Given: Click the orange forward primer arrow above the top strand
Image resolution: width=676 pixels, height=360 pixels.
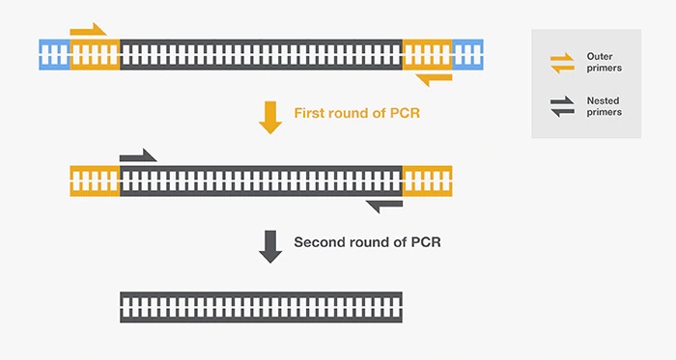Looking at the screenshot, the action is click(88, 30).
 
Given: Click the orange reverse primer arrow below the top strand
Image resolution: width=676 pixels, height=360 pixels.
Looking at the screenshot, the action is click(433, 76).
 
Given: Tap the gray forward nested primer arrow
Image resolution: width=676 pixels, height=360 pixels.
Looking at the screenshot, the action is click(137, 155).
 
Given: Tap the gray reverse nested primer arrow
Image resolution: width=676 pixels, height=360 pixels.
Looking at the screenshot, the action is click(384, 204).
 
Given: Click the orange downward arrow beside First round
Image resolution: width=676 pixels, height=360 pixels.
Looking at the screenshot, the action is click(270, 117).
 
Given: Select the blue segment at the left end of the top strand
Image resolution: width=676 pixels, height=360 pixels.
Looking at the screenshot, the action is click(54, 53).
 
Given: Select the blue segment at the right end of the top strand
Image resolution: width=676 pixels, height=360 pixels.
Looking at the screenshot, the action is click(468, 53).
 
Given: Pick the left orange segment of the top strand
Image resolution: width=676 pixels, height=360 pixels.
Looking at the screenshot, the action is click(95, 53).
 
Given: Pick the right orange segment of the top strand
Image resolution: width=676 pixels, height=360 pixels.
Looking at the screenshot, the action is click(427, 53).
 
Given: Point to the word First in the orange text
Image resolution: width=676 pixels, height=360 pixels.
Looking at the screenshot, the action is click(312, 114).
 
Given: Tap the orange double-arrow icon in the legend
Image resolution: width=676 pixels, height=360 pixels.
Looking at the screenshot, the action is click(562, 63).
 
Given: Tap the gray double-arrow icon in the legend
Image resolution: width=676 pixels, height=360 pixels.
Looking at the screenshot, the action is click(562, 107).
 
